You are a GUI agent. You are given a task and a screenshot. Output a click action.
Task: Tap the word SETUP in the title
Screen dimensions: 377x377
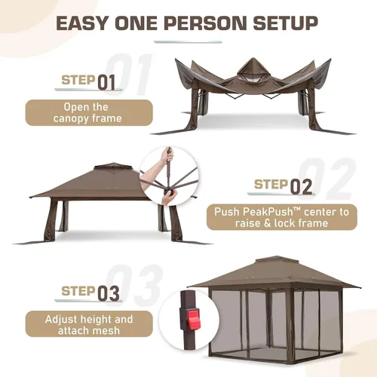click(285, 23)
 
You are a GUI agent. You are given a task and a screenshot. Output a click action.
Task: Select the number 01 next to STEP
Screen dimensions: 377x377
click(106, 82)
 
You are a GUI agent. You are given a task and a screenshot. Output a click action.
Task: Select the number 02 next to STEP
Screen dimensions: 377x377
click(301, 187)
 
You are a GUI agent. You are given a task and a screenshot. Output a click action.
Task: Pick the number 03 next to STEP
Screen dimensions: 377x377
click(109, 293)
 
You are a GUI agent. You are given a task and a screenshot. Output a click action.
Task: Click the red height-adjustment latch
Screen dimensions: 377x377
click(192, 320)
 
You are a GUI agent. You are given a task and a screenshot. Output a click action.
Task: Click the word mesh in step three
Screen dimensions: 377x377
click(106, 331)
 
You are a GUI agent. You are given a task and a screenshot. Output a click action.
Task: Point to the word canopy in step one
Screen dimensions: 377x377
click(69, 118)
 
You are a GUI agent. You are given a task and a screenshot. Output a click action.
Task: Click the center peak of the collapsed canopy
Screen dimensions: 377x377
click(252, 61)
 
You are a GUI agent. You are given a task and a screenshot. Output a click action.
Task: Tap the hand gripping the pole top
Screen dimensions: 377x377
click(167, 156)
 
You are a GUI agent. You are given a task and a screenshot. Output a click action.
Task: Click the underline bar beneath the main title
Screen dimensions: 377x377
click(188, 41)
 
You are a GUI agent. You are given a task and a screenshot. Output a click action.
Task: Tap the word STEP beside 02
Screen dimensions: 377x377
click(271, 185)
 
